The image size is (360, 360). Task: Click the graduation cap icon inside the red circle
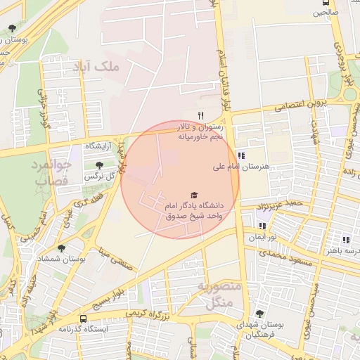tap(194, 195)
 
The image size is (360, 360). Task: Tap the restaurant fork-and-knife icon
tap(200, 115)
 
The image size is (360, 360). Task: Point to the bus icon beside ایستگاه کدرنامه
tap(84, 319)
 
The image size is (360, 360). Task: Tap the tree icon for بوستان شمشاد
tap(62, 248)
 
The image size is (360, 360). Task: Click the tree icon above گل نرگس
tap(97, 165)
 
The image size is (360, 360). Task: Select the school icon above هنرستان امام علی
tap(241, 155)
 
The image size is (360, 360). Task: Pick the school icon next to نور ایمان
tap(262, 226)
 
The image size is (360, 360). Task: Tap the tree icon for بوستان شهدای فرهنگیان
tap(259, 314)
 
